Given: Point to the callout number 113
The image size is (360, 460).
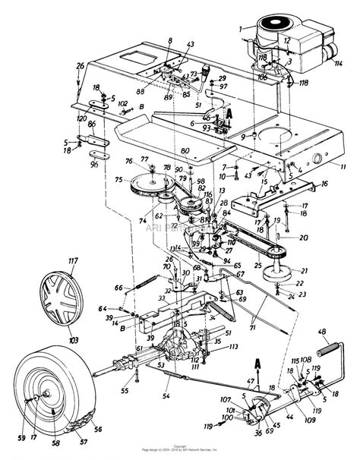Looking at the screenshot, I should [235, 347].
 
